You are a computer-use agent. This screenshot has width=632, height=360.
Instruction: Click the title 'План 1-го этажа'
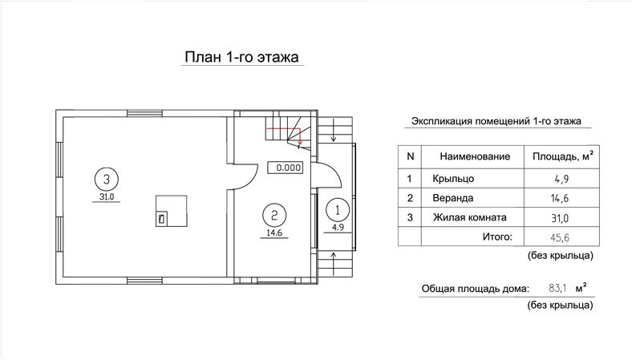coord(241,57)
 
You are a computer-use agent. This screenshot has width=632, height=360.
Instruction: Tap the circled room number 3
coord(107,179)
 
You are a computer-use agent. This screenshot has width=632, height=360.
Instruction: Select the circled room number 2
coord(274,215)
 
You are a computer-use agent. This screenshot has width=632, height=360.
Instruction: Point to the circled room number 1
coord(338,210)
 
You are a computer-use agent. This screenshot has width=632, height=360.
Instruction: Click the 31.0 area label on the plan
coord(107,196)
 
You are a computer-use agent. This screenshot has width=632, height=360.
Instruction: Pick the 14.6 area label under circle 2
coord(274,233)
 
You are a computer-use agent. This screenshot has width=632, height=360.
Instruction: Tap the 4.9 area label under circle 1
coord(338,228)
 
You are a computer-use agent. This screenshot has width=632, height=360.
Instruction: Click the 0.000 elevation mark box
coord(286,168)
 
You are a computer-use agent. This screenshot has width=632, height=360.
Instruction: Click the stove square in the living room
coord(172,211)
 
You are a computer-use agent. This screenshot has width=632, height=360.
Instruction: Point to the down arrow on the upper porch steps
coord(334,130)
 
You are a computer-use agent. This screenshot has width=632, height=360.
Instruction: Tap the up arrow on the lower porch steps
coord(334,263)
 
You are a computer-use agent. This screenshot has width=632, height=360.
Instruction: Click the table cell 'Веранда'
coord(452,198)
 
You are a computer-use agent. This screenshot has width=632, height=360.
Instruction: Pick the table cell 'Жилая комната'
coord(469,217)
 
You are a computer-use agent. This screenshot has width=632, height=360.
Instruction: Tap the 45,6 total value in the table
coord(560,237)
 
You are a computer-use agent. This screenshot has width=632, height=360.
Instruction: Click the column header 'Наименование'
coord(475,156)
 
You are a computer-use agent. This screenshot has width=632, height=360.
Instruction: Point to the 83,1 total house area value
coord(558,289)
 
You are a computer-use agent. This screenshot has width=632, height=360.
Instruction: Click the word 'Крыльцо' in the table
coord(453,179)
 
